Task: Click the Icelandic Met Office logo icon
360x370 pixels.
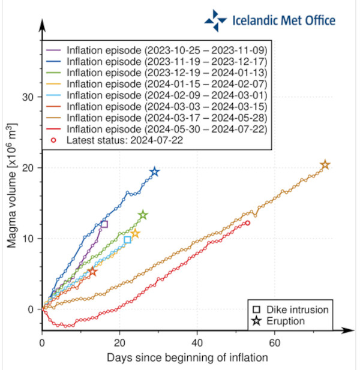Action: [x=215, y=20]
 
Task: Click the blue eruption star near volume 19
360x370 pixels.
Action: [x=154, y=172]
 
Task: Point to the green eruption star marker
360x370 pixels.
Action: [x=143, y=215]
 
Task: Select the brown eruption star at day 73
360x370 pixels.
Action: [x=325, y=165]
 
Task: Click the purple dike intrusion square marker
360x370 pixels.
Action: [x=104, y=224]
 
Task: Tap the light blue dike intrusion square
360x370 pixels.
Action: [x=127, y=240]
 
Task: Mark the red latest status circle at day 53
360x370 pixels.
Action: [x=247, y=222]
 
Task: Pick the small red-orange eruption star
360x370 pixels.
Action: [x=92, y=272]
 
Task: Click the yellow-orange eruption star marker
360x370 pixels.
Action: [x=135, y=233]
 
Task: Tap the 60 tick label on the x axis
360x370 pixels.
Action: [x=274, y=344]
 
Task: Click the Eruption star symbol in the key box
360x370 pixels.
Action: [x=257, y=321]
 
